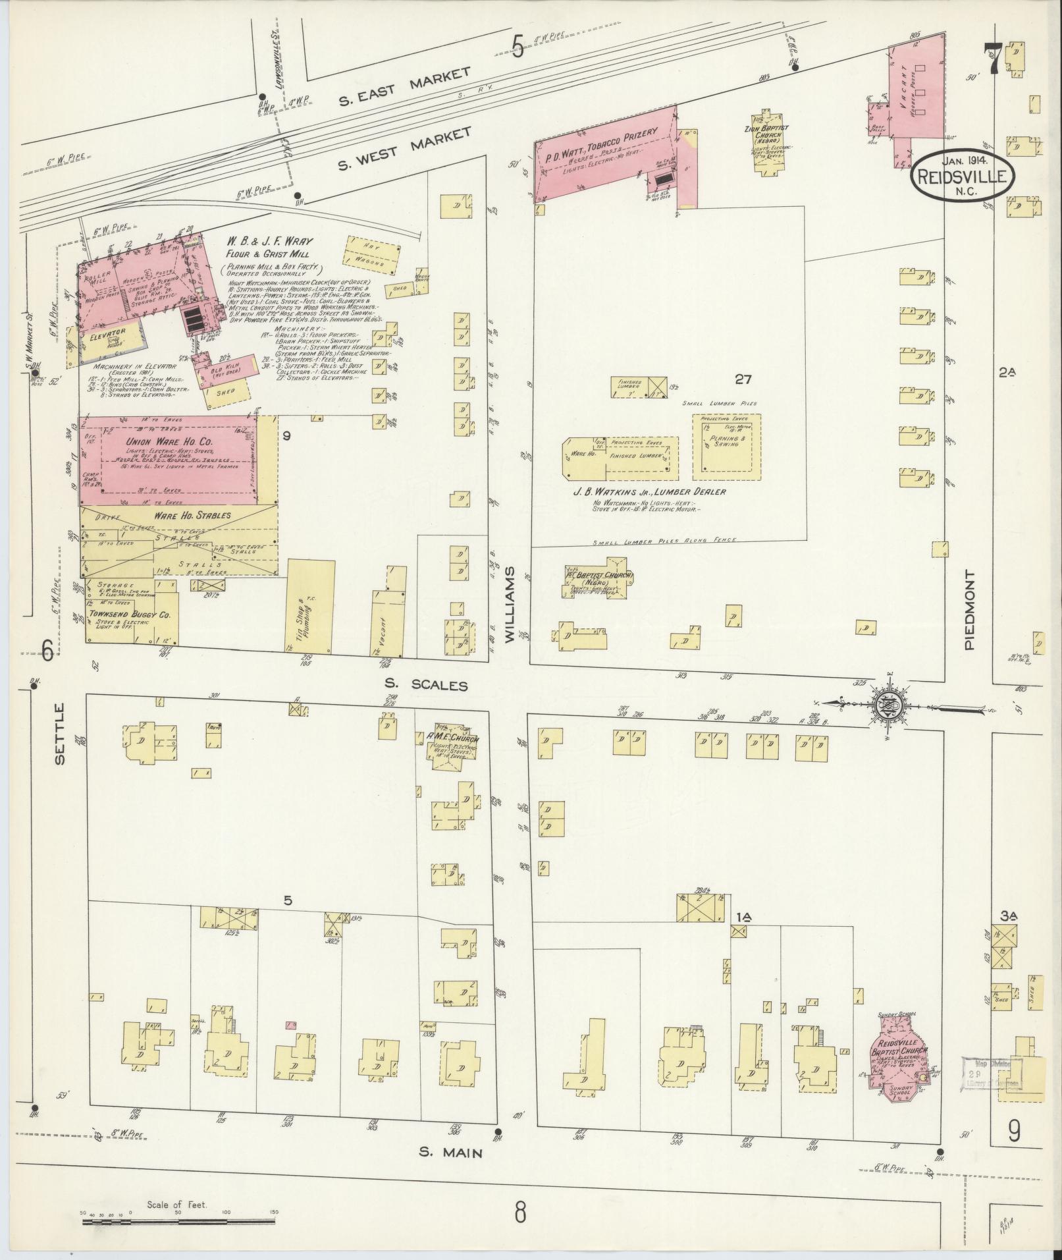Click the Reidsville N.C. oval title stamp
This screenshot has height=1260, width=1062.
(963, 175)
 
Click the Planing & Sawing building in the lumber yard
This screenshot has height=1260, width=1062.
(726, 447)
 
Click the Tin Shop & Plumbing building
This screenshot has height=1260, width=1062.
(310, 606)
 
